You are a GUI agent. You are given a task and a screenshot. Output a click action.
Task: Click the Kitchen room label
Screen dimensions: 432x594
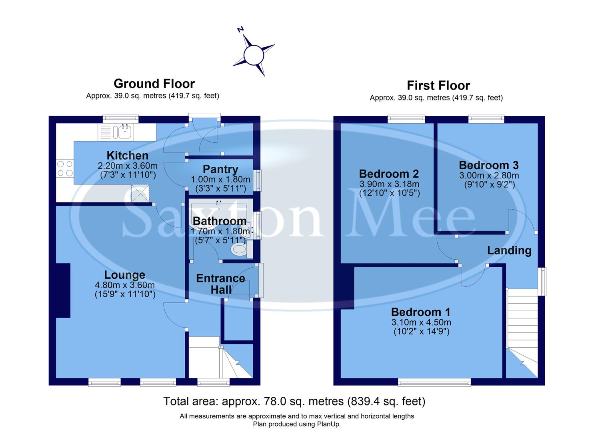point(127,156)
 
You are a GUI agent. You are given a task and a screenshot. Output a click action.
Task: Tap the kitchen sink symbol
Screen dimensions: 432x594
point(124,132)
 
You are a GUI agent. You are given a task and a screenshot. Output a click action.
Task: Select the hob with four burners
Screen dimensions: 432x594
point(65,168)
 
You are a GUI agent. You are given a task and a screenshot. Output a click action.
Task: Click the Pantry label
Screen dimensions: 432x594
point(220,169)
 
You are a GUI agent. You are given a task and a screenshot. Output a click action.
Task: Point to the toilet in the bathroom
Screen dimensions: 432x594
point(240,250)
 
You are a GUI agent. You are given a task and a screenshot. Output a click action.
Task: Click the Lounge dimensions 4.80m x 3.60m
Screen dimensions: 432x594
point(124,285)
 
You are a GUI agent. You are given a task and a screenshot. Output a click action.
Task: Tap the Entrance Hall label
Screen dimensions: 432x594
point(220,284)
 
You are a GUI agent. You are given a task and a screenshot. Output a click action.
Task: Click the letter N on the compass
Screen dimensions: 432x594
point(240,30)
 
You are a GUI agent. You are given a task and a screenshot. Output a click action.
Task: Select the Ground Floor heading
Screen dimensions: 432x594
point(154,84)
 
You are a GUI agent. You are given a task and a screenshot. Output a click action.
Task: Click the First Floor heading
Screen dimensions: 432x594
point(438,86)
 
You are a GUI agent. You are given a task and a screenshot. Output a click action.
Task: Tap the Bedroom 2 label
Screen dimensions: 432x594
point(388,174)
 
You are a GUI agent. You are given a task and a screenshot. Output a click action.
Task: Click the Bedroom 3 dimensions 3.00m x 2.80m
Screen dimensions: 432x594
point(489,176)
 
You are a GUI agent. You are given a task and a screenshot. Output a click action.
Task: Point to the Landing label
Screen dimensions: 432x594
point(509,250)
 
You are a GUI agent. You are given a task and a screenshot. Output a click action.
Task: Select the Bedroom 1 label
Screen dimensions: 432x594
point(420,312)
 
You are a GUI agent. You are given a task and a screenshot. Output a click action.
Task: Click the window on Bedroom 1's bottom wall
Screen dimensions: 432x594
point(434,383)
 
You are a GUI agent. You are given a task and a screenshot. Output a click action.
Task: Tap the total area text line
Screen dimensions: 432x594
point(294,401)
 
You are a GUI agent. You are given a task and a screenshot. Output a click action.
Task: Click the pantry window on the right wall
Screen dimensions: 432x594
point(259,180)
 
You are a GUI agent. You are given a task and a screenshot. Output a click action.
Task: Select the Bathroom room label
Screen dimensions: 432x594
point(219,221)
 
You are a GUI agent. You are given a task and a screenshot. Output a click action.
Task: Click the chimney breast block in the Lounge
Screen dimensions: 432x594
point(63,290)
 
